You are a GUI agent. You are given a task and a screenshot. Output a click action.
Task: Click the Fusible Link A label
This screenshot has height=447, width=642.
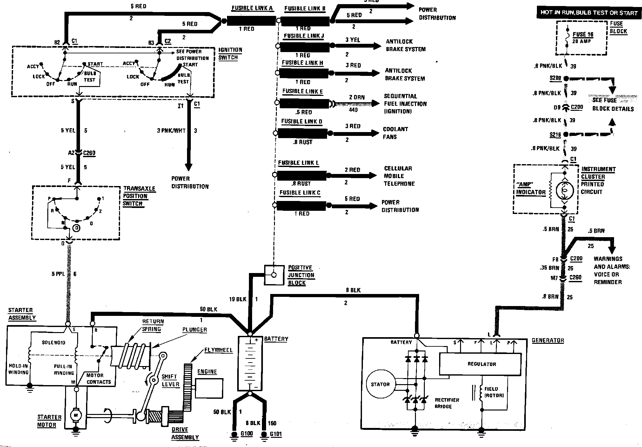click(x=252, y=8)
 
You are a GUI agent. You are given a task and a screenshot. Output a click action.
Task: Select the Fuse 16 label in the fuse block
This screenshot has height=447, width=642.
click(x=583, y=35)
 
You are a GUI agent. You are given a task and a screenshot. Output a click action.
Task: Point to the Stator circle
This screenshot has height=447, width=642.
click(x=380, y=384)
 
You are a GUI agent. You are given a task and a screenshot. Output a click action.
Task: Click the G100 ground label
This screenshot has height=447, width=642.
click(x=246, y=434)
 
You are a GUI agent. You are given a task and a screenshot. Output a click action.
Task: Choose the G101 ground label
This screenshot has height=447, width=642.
click(x=276, y=434)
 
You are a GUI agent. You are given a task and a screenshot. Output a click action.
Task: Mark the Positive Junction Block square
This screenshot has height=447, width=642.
click(x=274, y=275)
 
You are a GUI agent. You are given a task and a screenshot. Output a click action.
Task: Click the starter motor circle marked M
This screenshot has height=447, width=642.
click(x=76, y=414)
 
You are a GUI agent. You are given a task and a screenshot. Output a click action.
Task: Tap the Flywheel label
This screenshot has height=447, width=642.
click(x=218, y=350)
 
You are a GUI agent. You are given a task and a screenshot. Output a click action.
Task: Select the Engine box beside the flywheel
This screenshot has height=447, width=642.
click(x=209, y=388)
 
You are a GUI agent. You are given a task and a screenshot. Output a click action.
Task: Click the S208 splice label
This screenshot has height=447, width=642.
click(x=555, y=78)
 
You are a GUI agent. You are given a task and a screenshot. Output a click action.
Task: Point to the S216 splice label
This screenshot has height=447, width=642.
click(x=555, y=135)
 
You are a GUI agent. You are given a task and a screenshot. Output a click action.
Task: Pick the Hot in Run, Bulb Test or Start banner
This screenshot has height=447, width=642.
click(x=589, y=13)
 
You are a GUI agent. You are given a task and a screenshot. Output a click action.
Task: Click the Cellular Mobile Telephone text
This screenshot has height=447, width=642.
click(x=399, y=176)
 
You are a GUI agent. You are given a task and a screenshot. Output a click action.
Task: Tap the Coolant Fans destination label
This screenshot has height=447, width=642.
click(x=395, y=133)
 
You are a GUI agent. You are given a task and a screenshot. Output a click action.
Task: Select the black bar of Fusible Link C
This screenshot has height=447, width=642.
click(x=301, y=206)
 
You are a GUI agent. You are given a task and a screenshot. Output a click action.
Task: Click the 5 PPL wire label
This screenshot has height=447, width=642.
click(x=58, y=274)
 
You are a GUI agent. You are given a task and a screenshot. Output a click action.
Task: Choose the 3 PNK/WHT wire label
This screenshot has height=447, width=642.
click(x=171, y=130)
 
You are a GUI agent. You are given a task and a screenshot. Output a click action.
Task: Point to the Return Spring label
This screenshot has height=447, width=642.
click(x=153, y=325)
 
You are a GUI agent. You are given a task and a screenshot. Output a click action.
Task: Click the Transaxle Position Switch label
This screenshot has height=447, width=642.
click(x=139, y=196)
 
